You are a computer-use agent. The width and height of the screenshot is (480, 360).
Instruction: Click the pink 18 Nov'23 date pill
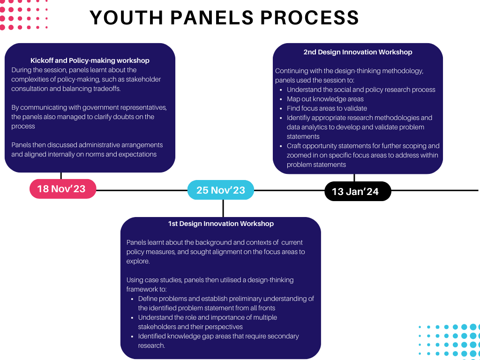coord(63,189)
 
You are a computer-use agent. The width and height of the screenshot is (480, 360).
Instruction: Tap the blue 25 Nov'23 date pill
coord(221,190)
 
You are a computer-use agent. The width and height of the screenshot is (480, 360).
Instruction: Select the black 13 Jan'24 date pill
coord(358,191)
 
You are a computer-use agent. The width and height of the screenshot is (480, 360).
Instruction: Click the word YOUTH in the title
coord(127,17)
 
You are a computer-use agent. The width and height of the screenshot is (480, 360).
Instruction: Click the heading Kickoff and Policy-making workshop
coord(90,60)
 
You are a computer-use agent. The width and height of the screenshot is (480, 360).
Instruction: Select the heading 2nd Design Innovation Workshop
coord(358,52)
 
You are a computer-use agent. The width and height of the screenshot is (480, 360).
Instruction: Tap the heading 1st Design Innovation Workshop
coord(221,224)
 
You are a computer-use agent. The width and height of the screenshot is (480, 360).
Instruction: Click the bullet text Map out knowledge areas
coord(325,99)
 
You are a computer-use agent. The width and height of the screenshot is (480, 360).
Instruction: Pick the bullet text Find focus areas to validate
coord(327,108)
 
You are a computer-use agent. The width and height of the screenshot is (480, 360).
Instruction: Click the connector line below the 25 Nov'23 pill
coord(223,209)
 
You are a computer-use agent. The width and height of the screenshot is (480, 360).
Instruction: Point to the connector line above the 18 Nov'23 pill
coord(61,176)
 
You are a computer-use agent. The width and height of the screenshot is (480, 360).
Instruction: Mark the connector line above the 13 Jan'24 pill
coord(354,178)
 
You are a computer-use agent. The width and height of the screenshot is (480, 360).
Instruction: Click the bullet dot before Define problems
coord(132,299)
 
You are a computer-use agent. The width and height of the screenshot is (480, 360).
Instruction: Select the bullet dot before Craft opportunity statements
coord(281,146)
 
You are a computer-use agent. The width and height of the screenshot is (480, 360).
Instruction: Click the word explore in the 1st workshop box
coord(138,261)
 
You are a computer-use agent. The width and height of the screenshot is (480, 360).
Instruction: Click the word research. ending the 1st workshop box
coord(151,345)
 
